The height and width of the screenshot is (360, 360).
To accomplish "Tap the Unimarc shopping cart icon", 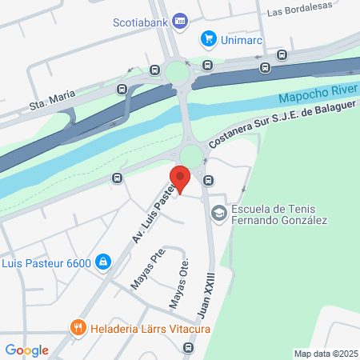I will [x=210, y=38].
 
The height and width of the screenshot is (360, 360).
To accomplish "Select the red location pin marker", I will [x=180, y=178].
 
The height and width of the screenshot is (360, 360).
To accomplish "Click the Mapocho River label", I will [x=315, y=97].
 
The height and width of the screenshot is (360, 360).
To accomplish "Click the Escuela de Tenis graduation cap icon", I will [x=218, y=214].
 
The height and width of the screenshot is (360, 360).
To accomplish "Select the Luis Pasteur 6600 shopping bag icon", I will [x=103, y=262].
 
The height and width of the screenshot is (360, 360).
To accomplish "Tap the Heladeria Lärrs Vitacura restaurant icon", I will [x=78, y=326].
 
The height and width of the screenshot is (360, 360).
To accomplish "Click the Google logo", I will [x=26, y=350].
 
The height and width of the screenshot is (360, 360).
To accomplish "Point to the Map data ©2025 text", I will [x=326, y=354].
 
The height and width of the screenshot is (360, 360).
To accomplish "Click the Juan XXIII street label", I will [x=210, y=291].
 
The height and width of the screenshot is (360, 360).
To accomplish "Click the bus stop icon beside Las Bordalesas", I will [x=282, y=55].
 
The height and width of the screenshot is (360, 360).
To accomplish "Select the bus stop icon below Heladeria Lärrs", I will [x=188, y=347].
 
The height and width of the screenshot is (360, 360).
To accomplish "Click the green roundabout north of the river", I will [x=176, y=74].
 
